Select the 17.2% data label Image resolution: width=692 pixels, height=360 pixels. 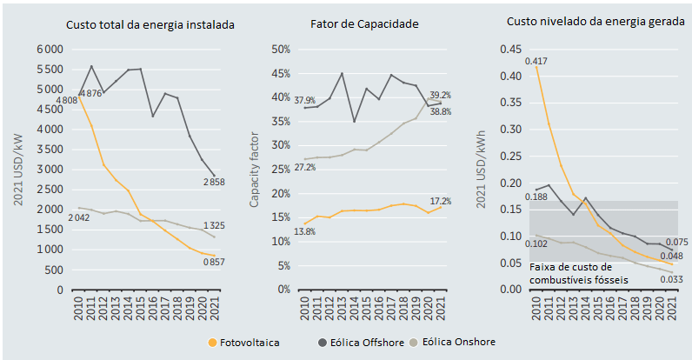click(440, 201)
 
